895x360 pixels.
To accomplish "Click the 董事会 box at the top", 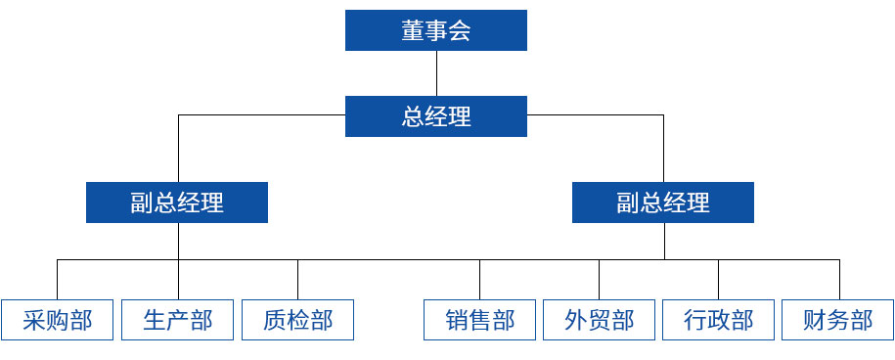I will (435, 30).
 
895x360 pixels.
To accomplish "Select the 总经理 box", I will (435, 116).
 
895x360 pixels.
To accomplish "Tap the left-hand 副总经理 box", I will (177, 202).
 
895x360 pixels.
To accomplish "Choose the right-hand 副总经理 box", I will (663, 202).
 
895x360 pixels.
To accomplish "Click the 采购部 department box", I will (58, 320).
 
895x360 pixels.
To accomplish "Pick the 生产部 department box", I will (177, 320).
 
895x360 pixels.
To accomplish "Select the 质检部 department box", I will (297, 320).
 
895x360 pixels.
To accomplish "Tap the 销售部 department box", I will (479, 320).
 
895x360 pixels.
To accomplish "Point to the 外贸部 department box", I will (599, 320).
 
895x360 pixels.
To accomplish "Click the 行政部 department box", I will (718, 320).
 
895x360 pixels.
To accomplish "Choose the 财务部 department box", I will (838, 320).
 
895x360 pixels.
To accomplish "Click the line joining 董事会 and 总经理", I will (436, 72).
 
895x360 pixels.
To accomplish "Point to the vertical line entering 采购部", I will (58, 280).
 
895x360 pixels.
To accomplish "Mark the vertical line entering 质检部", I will (297, 280).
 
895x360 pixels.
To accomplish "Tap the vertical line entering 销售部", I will (479, 280).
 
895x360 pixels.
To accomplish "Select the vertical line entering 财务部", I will (838, 280).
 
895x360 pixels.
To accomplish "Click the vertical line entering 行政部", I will (718, 280).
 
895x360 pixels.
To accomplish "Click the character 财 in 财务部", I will (815, 320).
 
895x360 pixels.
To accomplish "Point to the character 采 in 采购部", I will (34, 320).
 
